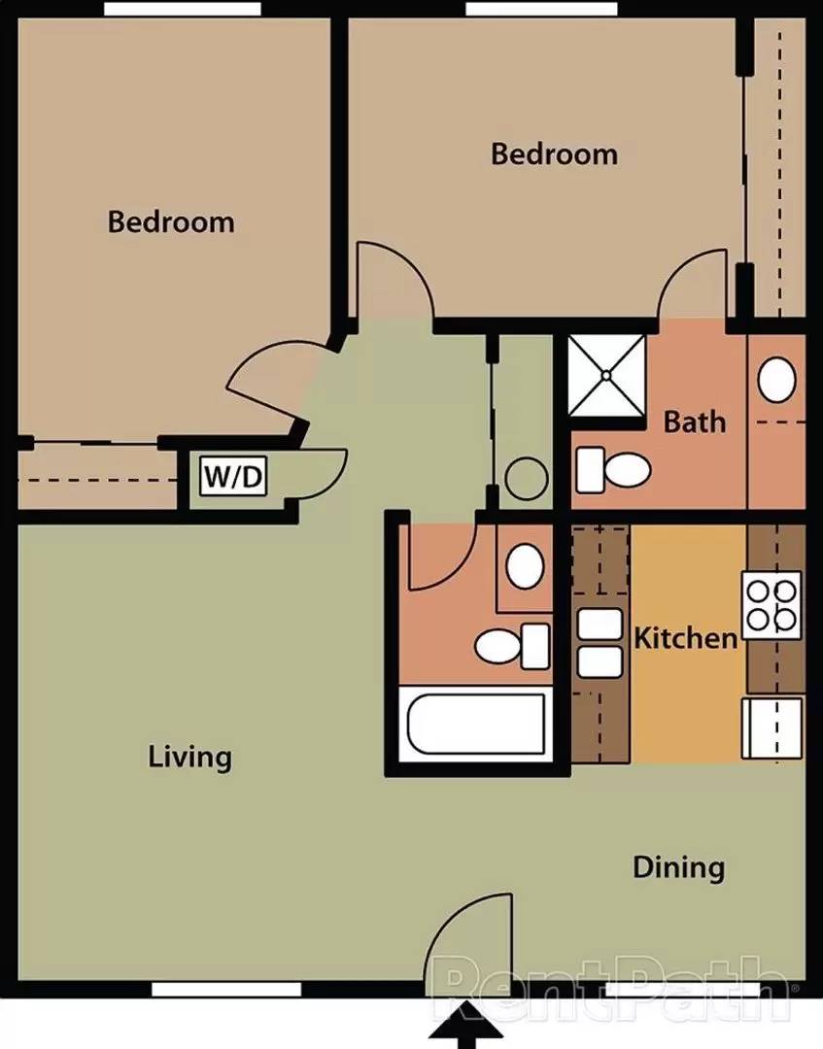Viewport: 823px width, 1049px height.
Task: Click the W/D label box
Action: [233, 477]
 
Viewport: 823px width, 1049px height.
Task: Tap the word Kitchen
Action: [685, 638]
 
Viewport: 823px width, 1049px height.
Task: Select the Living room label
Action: [190, 757]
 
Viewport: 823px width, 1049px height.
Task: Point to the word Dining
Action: [678, 866]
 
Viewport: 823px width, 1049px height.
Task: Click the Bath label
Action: [694, 422]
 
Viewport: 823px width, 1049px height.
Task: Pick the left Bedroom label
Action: [171, 221]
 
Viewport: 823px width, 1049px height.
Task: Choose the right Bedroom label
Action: [554, 153]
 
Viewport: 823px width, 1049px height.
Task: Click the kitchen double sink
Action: [600, 643]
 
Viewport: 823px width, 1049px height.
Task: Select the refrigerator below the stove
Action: [772, 727]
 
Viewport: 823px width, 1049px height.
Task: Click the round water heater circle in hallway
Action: [528, 479]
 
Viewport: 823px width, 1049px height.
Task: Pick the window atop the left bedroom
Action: [183, 9]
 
